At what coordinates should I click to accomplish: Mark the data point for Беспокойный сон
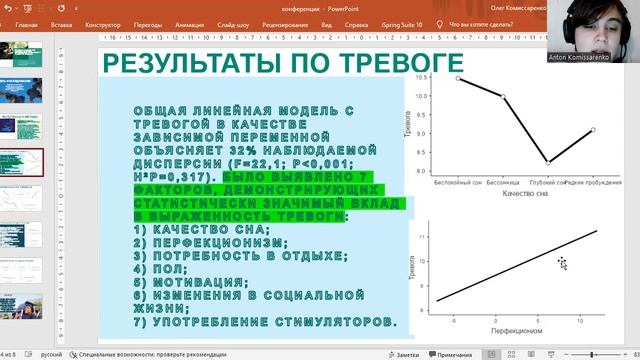tap(458, 77)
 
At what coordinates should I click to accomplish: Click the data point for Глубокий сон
tap(547, 161)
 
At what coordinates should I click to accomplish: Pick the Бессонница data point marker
tap(503, 97)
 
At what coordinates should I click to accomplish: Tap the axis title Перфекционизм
tap(517, 329)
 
